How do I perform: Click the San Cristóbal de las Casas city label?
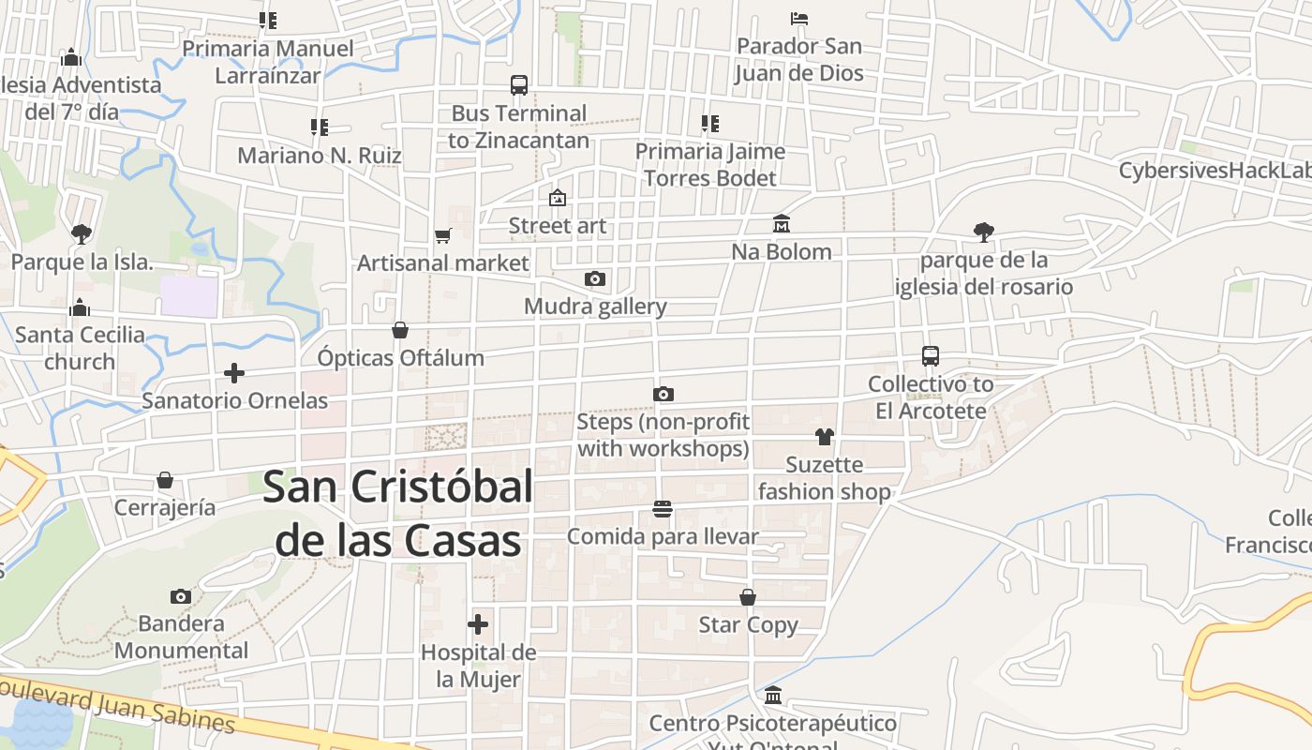[398, 514]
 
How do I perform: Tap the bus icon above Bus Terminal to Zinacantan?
[519, 85]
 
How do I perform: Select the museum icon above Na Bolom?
[782, 223]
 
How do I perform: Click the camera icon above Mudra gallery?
[594, 278]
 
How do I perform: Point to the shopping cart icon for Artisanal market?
[442, 235]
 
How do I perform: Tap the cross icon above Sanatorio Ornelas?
[234, 373]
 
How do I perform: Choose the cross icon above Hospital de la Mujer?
[478, 623]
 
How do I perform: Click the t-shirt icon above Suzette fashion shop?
[824, 436]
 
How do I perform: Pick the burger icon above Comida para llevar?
[663, 508]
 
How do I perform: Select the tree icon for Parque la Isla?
[82, 232]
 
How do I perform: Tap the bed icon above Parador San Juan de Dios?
[798, 18]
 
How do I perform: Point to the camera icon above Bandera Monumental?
[181, 596]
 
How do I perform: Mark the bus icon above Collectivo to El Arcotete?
[930, 356]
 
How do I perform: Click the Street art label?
[557, 226]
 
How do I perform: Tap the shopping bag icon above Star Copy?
[748, 597]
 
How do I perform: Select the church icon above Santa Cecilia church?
[80, 307]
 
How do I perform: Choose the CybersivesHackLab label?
[1215, 171]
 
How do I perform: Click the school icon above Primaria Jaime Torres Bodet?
[709, 123]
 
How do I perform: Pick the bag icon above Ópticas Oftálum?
[400, 330]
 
